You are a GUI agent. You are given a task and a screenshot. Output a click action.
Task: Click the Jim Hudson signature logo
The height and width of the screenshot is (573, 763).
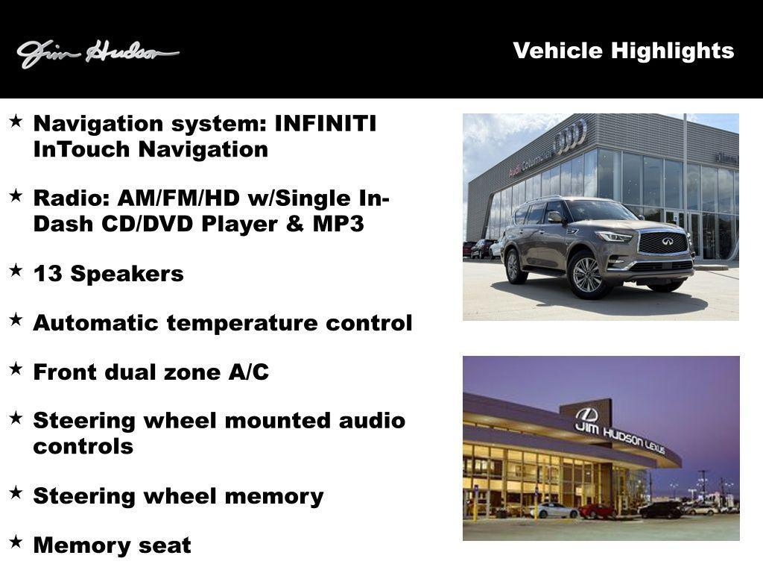point(97,53)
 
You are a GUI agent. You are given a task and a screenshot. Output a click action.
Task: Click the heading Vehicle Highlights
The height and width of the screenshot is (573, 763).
point(623,51)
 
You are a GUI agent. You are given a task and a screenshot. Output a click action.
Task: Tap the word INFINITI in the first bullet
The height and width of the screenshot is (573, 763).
point(326,123)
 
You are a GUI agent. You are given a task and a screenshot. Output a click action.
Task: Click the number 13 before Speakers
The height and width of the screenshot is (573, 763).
point(45,274)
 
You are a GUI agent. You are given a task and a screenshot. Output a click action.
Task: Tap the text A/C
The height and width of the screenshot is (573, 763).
point(248,372)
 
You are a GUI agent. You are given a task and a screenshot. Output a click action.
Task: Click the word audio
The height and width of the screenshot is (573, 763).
point(372,421)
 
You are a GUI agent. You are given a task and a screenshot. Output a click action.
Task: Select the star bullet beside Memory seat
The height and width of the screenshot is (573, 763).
point(16,541)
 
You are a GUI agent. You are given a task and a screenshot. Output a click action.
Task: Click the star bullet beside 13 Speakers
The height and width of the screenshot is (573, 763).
point(16,269)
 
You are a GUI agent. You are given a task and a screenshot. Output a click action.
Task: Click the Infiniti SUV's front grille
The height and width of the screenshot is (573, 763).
point(662,242)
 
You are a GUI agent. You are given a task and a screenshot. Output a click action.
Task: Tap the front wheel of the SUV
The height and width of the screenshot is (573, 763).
point(587,274)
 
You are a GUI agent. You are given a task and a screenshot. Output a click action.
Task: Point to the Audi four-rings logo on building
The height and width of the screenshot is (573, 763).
point(570,137)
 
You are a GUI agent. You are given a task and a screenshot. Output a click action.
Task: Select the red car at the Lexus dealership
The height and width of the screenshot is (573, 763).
point(597,511)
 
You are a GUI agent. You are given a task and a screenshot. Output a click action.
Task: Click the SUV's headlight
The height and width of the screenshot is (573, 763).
point(615,237)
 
